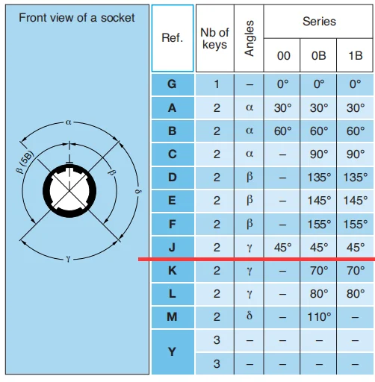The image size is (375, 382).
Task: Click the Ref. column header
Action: pyautogui.click(x=173, y=38)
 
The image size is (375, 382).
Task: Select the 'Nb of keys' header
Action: pyautogui.click(x=214, y=39)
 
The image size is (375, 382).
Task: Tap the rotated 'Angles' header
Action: pyautogui.click(x=249, y=38)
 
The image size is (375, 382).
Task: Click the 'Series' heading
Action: pyautogui.click(x=319, y=22)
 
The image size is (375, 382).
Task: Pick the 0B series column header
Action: pyautogui.click(x=319, y=55)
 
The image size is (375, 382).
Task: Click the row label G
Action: pyautogui.click(x=172, y=84)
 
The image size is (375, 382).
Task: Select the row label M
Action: pyautogui.click(x=172, y=317)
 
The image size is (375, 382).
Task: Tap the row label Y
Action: pyautogui.click(x=172, y=351)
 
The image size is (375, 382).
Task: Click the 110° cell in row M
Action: pyautogui.click(x=319, y=317)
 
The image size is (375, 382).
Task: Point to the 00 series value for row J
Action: pyautogui.click(x=282, y=248)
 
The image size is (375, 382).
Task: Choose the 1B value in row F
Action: pyautogui.click(x=356, y=225)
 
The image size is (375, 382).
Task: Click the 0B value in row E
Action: pyautogui.click(x=319, y=201)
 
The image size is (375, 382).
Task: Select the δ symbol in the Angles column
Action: pyautogui.click(x=250, y=316)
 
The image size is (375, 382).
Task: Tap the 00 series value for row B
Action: pyautogui.click(x=282, y=131)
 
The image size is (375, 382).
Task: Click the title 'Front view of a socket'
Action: pyautogui.click(x=77, y=18)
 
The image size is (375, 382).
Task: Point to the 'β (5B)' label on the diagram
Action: pyautogui.click(x=25, y=162)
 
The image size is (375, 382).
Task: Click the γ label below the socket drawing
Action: pyautogui.click(x=68, y=260)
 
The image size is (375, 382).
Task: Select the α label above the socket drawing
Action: pyautogui.click(x=69, y=122)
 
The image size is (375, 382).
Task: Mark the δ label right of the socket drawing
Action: pyautogui.click(x=137, y=192)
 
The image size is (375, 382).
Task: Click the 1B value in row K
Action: pyautogui.click(x=356, y=271)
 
